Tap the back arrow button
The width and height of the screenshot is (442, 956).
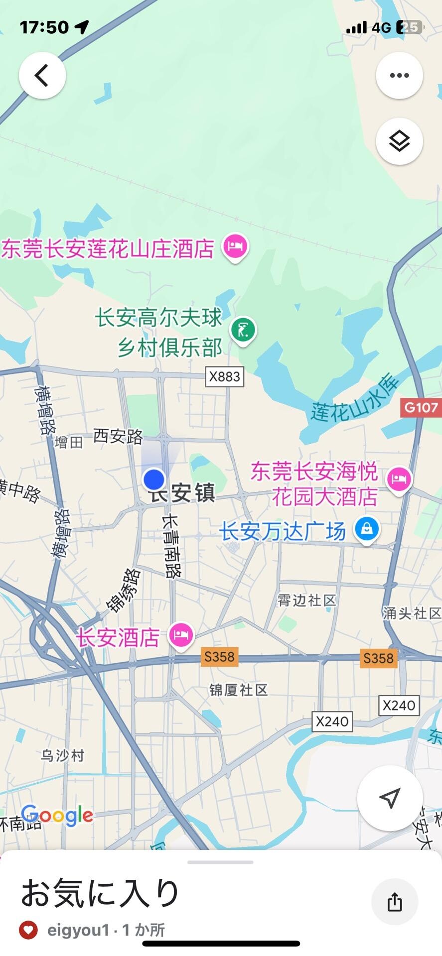(42, 76)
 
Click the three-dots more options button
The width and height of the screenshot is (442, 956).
(399, 76)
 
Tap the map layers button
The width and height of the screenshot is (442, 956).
(399, 141)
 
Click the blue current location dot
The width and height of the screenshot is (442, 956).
(154, 479)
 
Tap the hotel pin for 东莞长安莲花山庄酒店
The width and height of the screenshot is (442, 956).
(235, 246)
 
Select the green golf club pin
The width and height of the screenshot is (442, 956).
(243, 330)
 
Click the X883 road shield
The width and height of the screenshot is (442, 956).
(225, 376)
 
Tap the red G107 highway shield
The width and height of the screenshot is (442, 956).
(421, 408)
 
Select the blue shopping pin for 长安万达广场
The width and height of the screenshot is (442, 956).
(367, 529)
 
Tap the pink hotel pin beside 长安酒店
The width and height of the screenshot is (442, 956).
(181, 635)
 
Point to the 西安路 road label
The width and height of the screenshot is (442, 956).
(118, 437)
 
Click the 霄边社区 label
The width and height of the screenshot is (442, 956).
(307, 600)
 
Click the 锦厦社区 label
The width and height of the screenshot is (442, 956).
(239, 690)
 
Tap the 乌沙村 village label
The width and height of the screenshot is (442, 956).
(63, 755)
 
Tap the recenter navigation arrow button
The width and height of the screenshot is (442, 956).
(390, 798)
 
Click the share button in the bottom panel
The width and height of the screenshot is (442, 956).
(395, 902)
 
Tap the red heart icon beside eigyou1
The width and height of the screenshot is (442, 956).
(28, 930)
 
